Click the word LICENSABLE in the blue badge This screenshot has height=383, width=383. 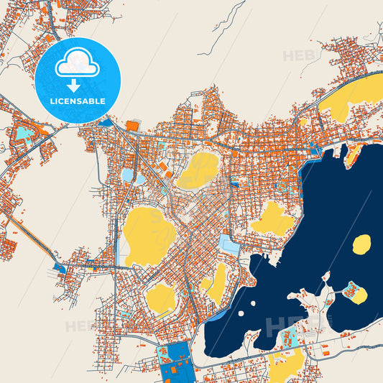tap(77, 101)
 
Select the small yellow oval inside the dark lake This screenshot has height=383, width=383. tap(361, 244)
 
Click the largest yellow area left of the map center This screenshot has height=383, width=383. tap(149, 236)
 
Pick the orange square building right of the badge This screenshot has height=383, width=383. tap(133, 126)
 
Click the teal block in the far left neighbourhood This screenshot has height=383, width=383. tap(24, 133)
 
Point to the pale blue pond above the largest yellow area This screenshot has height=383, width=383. tap(128, 175)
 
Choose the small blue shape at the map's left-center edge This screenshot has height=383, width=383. tap(59, 269)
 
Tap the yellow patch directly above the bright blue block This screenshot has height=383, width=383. tap(161, 298)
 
